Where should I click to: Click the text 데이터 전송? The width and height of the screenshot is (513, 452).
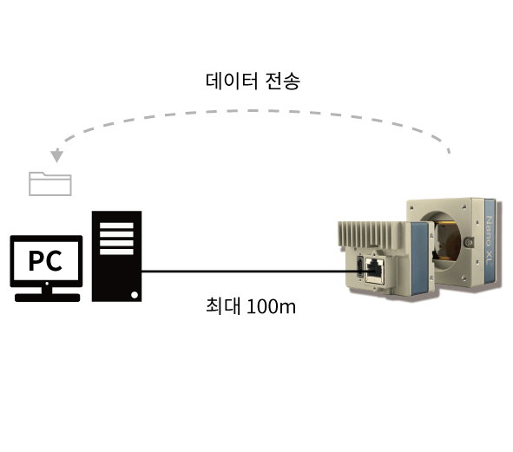tap(253, 81)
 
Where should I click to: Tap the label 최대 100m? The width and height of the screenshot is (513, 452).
tap(251, 306)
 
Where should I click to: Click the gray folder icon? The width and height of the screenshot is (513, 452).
tap(50, 184)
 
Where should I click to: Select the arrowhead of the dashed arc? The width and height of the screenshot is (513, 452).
tap(57, 155)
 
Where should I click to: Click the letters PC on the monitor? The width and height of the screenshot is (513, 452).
tap(45, 260)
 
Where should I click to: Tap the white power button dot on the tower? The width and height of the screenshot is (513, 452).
tap(135, 295)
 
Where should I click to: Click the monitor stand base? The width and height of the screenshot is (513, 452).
tap(48, 298)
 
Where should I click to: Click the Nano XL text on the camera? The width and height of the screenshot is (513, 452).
tap(489, 240)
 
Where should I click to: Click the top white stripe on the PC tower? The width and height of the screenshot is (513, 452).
tap(116, 226)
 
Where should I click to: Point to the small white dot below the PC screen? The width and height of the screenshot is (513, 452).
tap(47, 284)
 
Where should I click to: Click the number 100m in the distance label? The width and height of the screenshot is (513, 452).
tap(271, 306)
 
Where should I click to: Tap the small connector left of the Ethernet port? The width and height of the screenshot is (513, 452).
tap(360, 266)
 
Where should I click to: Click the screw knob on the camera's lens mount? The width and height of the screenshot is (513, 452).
tap(469, 242)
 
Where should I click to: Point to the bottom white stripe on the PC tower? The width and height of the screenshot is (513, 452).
tap(116, 252)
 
